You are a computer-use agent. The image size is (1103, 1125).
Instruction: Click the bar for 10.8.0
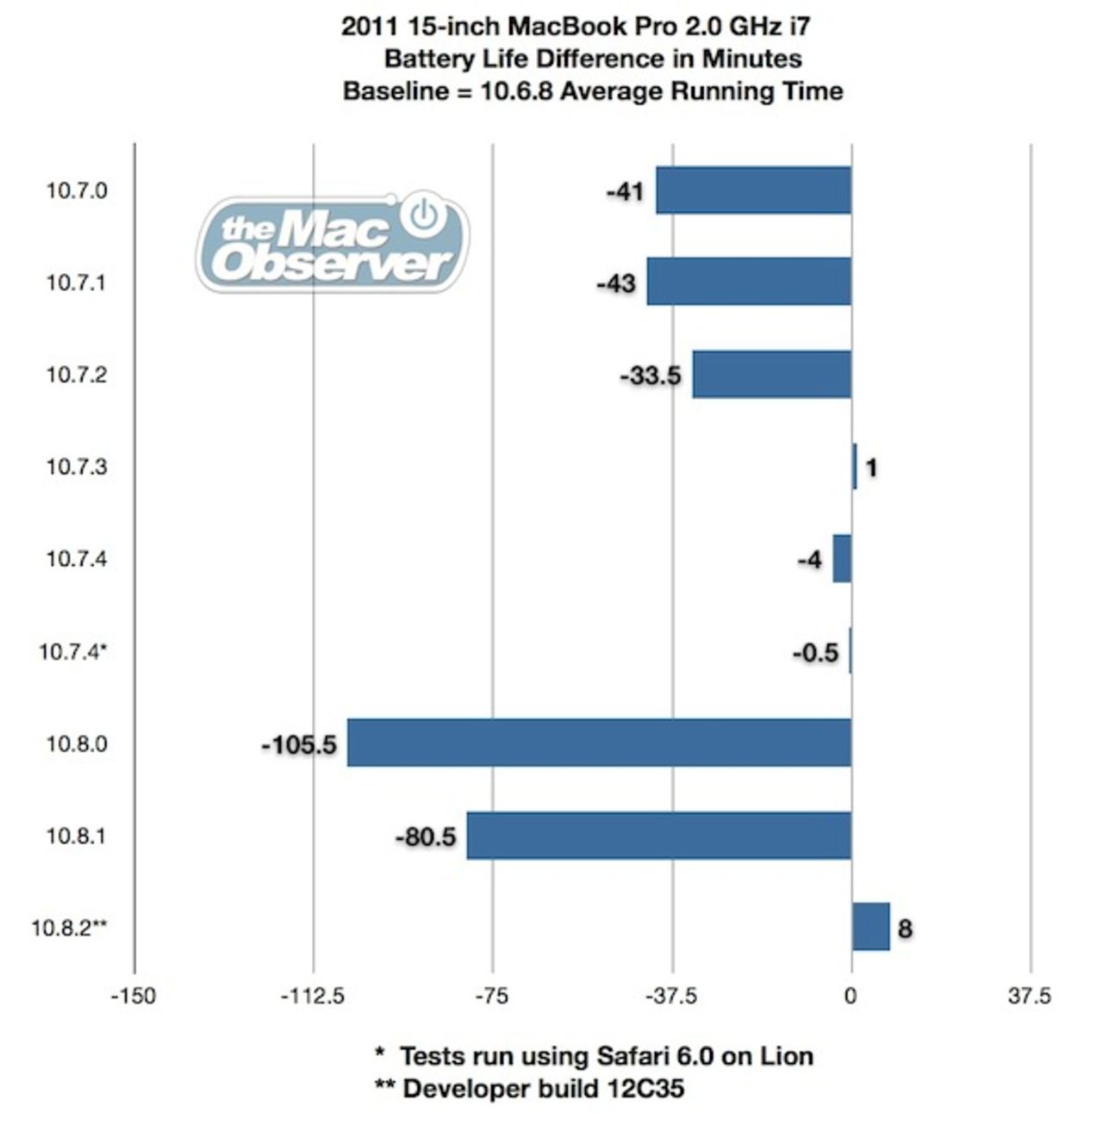(599, 742)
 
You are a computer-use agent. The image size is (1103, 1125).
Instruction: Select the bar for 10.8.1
(658, 835)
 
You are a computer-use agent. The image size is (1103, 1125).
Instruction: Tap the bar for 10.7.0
(753, 190)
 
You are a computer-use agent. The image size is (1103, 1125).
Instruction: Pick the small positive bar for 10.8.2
(870, 927)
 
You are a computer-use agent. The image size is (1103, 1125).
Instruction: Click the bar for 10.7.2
(771, 374)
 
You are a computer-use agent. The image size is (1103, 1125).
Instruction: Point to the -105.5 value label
(299, 744)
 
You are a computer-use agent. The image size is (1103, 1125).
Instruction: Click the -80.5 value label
(426, 836)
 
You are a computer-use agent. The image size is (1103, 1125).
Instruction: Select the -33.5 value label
(651, 376)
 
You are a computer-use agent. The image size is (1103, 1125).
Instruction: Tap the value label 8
(905, 929)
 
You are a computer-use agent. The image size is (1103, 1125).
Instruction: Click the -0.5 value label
(815, 652)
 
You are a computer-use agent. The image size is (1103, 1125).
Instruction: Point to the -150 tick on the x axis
(134, 997)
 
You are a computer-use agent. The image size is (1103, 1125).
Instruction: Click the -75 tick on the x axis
(492, 997)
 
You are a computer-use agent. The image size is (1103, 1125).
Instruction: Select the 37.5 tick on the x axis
(1030, 997)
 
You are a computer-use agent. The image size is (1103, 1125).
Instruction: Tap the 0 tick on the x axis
(851, 997)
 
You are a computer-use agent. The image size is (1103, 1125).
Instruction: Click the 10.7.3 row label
(77, 467)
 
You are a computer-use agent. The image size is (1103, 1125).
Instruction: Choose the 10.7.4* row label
(73, 651)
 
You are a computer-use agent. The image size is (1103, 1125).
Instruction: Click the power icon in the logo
(423, 215)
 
